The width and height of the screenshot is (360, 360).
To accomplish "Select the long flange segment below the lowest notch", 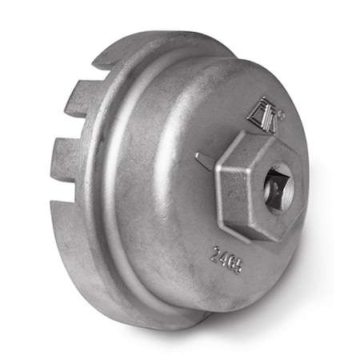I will click(x=68, y=232).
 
